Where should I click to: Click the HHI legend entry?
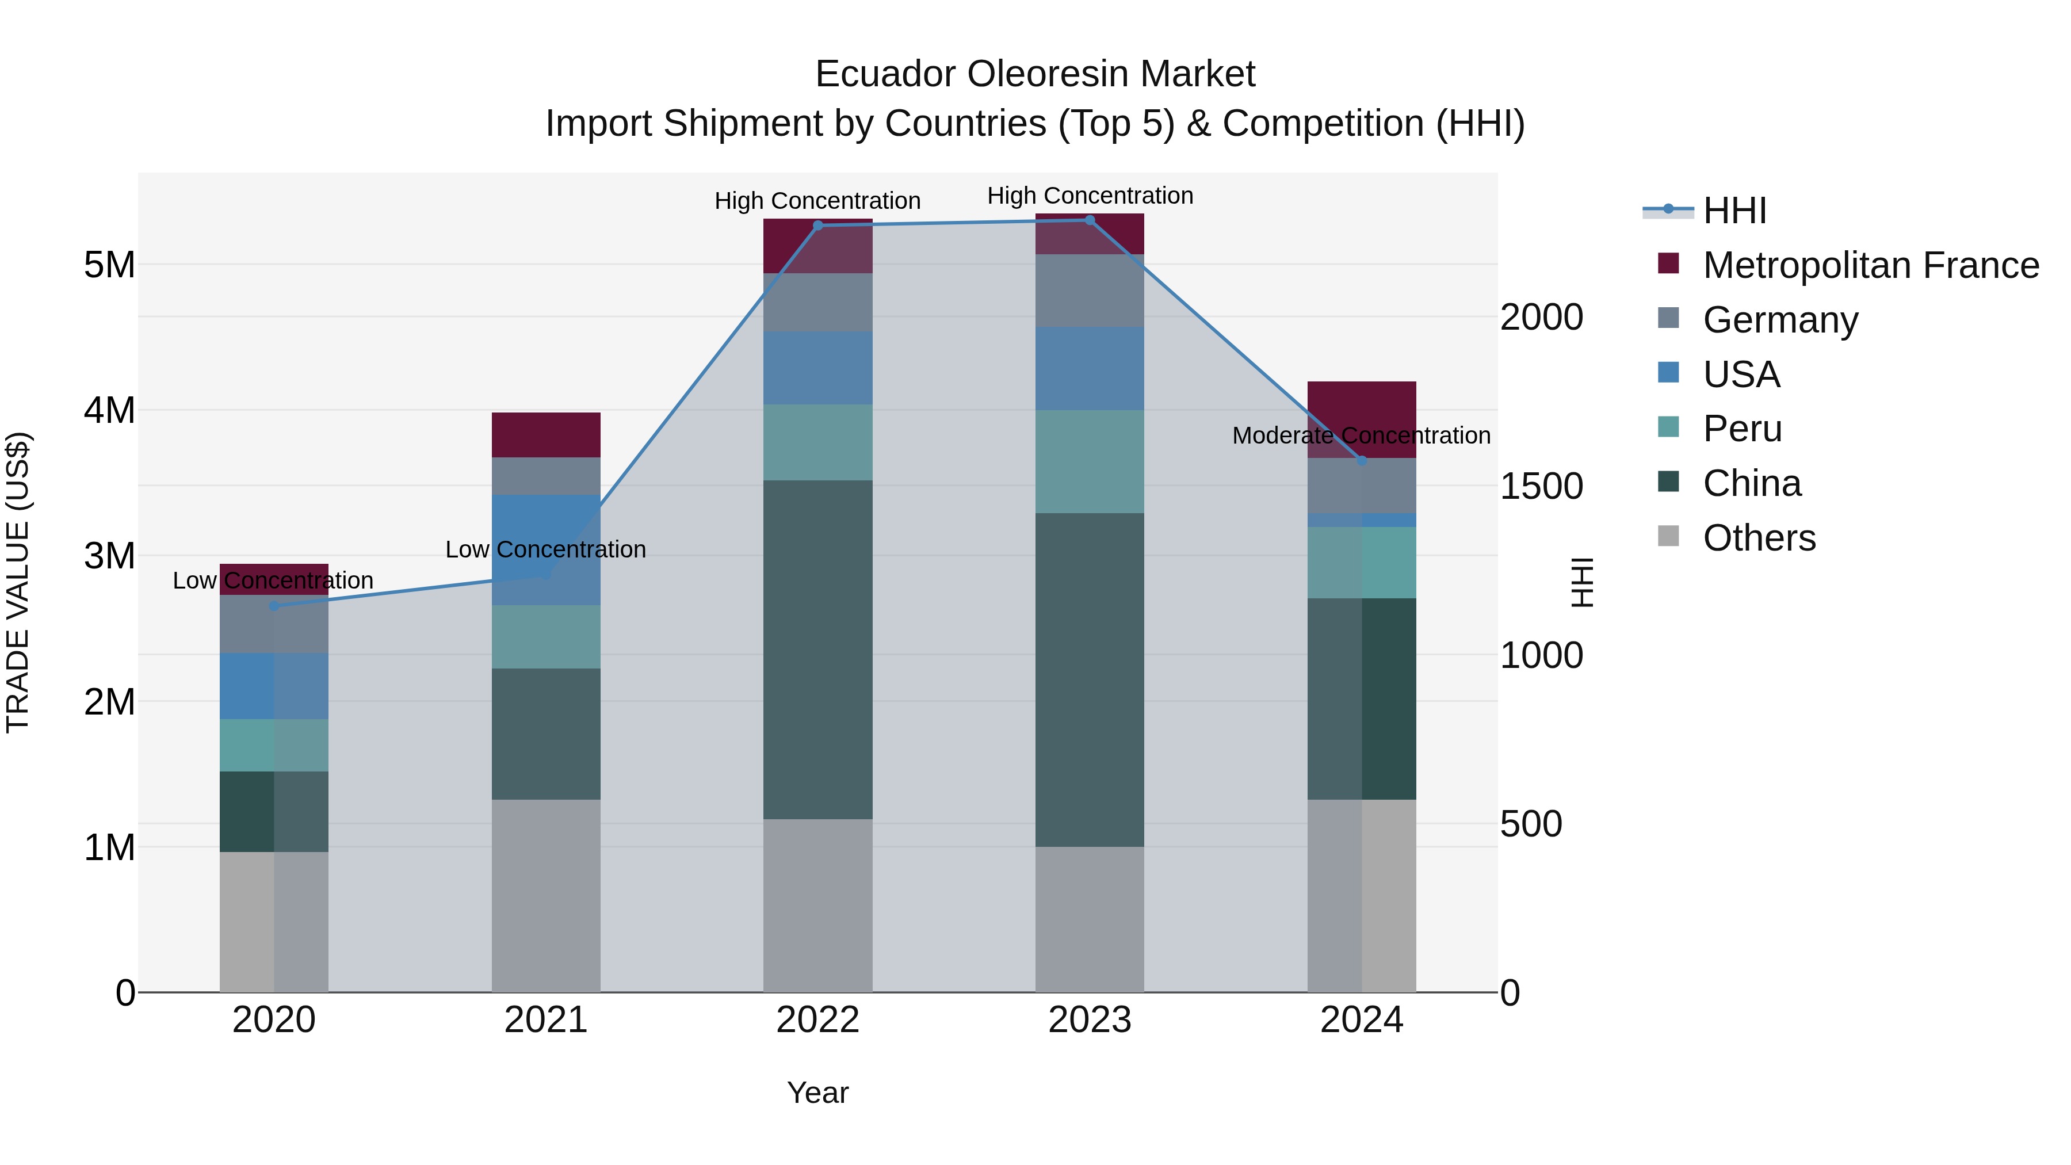tap(1733, 211)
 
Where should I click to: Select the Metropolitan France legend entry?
tap(1870, 265)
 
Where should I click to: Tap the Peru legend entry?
tap(1741, 429)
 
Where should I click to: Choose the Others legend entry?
tap(1758, 538)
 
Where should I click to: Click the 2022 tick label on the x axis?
tap(817, 1020)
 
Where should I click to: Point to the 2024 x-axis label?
tap(1361, 1020)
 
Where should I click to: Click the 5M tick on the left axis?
tap(109, 265)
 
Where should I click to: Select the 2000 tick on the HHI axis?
tap(1541, 317)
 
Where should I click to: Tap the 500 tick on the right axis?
tap(1531, 824)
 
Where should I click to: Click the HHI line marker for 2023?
tap(1090, 220)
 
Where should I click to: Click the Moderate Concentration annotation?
tap(1361, 436)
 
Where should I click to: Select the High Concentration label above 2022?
tap(817, 201)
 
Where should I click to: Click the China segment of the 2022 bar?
tap(817, 650)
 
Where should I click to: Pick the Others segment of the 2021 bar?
tap(546, 895)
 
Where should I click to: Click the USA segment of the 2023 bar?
tap(1090, 369)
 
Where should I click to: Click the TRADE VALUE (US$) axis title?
tap(18, 582)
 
